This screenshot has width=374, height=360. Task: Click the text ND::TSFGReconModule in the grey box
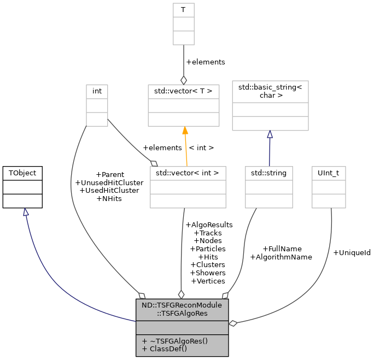click(x=182, y=305)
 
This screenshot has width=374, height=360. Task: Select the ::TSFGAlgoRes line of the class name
click(x=182, y=314)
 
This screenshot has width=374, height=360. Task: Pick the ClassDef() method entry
click(x=165, y=349)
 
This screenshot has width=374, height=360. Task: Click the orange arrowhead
click(x=185, y=131)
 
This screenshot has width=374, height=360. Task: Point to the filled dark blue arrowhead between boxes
click(x=270, y=134)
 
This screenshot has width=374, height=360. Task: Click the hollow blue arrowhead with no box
click(x=25, y=212)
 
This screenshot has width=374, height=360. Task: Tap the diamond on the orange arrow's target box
click(x=184, y=80)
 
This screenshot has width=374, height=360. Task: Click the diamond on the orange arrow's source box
click(x=154, y=163)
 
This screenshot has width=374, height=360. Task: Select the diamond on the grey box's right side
click(x=233, y=323)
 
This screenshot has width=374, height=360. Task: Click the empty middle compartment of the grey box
click(x=182, y=327)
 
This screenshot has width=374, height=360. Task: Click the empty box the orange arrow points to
click(x=184, y=105)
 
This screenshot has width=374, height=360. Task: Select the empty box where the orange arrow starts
click(x=188, y=187)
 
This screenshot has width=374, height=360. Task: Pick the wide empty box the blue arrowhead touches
click(x=270, y=105)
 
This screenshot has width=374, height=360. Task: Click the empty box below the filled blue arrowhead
click(x=269, y=187)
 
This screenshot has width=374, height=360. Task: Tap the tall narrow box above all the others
click(x=184, y=23)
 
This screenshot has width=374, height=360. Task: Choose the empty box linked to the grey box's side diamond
click(x=329, y=187)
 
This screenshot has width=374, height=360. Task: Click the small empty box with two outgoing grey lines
click(x=97, y=105)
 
